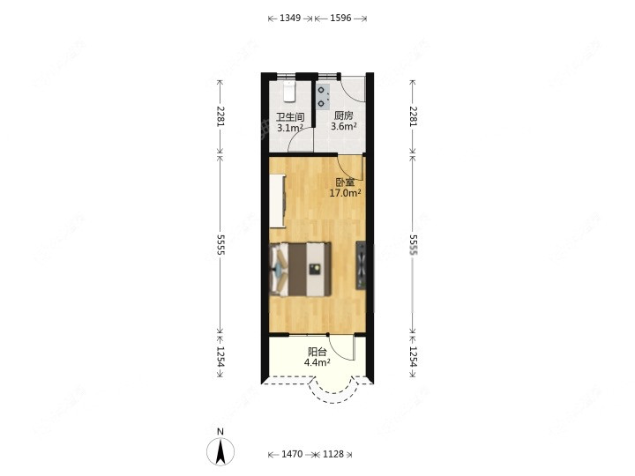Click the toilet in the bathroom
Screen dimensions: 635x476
pos(289,91)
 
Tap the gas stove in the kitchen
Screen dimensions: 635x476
pos(323,97)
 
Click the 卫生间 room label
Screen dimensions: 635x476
pos(290,117)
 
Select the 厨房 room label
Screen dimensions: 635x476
pos(343,115)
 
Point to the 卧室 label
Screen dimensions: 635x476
pos(345,182)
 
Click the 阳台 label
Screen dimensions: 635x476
pos(317,352)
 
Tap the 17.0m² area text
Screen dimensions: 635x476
pos(345,193)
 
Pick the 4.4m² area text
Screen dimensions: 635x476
pos(317,362)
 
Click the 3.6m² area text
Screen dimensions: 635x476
pos(343,126)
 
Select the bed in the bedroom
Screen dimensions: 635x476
pos(301,269)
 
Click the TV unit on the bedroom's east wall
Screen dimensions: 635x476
pos(361,265)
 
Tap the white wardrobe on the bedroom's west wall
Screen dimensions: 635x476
pos(278,201)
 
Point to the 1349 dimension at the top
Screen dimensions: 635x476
pos(290,19)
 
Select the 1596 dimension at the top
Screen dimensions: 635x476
pos(340,19)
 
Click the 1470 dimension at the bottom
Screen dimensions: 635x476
pos(292,454)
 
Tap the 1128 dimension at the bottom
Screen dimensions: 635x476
pos(332,454)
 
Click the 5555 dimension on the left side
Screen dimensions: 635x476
pos(220,244)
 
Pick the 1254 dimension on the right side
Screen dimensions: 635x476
pos(413,356)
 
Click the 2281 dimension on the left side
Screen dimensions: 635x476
pos(220,116)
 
